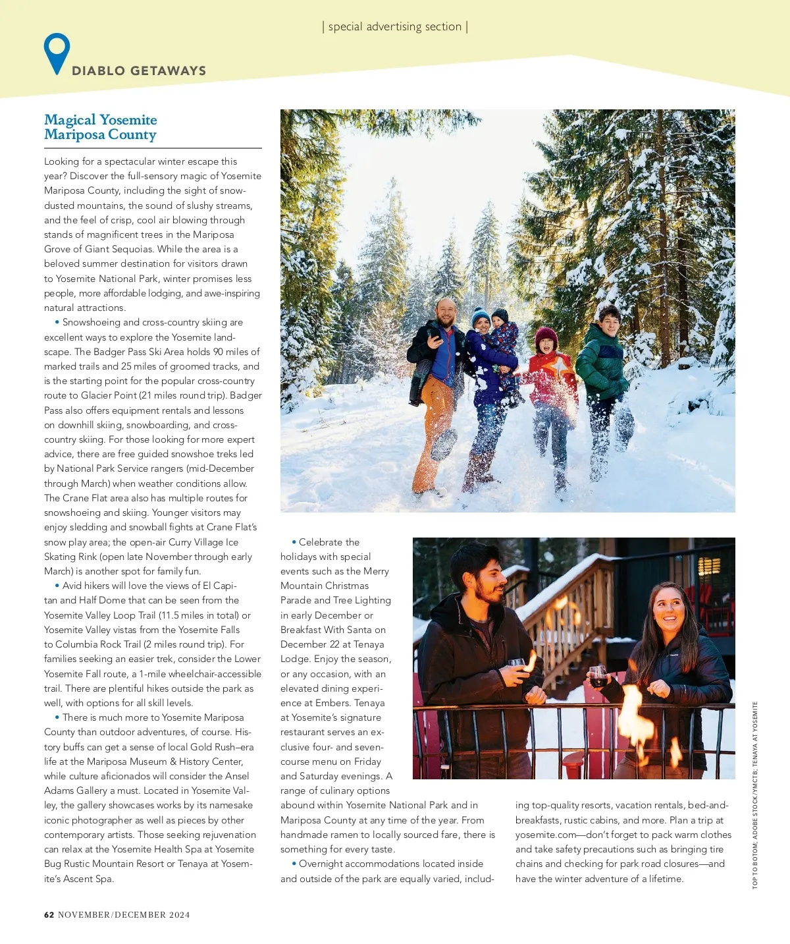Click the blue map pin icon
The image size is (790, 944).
point(57,52)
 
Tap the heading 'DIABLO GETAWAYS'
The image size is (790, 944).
point(139,71)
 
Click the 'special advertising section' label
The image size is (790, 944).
point(395,27)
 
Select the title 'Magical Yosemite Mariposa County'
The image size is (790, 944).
point(101,127)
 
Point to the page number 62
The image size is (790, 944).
point(49,914)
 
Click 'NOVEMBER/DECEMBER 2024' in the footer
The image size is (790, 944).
point(124,914)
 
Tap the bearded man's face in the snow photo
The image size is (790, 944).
point(446,313)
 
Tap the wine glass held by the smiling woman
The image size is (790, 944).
point(598,676)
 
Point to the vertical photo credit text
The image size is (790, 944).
point(755,794)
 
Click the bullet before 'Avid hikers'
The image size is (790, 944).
point(57,586)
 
